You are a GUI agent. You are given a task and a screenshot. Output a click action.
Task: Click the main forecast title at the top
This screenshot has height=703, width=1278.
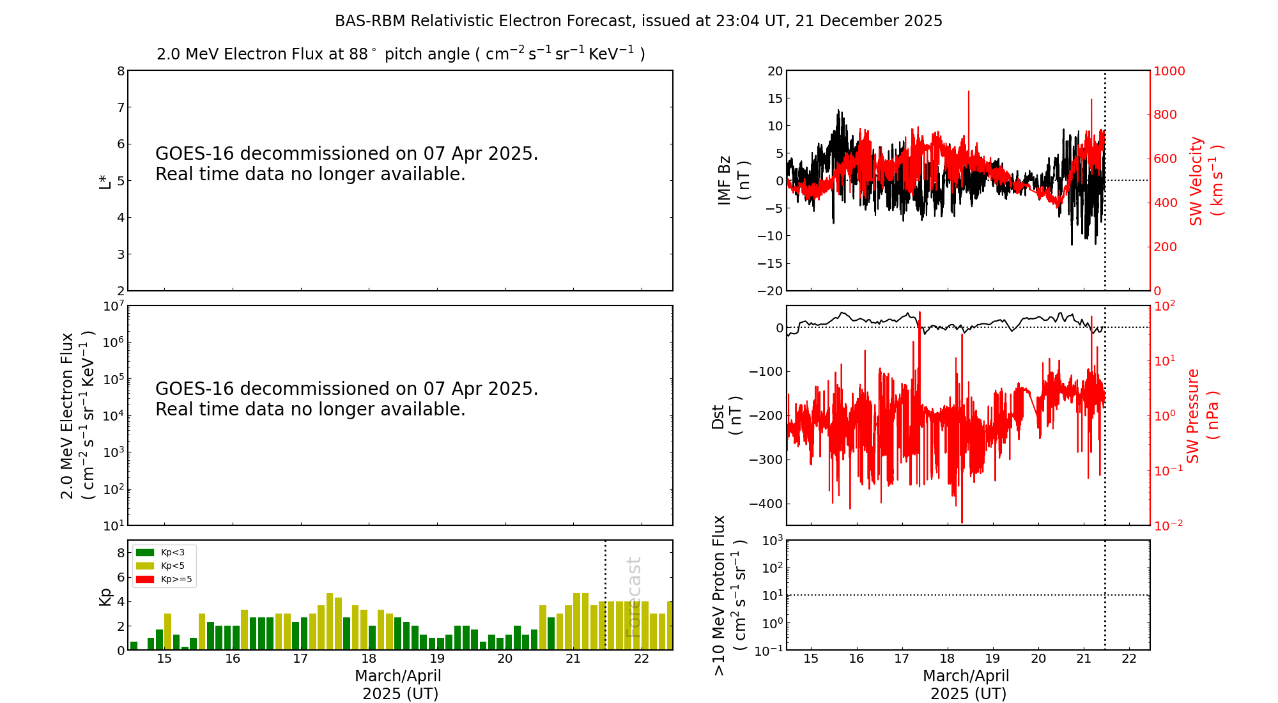click(638, 21)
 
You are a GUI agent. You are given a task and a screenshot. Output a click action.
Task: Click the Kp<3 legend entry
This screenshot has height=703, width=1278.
click(164, 552)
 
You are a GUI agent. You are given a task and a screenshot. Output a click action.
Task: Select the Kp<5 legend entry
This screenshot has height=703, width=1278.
click(164, 566)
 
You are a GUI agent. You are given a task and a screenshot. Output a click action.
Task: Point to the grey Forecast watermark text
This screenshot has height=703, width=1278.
click(633, 597)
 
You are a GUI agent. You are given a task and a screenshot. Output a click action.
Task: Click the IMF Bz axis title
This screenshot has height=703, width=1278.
click(734, 180)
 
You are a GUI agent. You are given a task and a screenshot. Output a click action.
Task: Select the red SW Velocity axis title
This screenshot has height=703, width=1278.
click(1205, 180)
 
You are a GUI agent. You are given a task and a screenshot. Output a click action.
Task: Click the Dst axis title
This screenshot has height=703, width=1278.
click(727, 415)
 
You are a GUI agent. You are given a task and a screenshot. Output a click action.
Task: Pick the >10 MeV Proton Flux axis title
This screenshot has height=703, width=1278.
click(729, 595)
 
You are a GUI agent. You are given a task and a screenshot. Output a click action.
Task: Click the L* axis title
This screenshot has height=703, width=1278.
click(105, 181)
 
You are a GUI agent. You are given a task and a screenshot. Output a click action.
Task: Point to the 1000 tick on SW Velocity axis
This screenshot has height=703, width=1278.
click(1169, 71)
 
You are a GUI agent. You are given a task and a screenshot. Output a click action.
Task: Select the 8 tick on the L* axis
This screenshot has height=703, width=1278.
click(121, 71)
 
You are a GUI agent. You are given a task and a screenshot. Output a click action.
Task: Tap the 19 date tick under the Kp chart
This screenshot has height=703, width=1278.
click(436, 659)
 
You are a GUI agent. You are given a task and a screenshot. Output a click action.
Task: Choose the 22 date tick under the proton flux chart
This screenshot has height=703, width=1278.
click(1129, 659)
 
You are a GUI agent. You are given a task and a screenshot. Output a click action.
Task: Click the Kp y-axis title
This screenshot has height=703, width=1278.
click(105, 597)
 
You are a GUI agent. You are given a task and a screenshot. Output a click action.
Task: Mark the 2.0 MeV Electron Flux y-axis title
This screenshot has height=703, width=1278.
click(77, 415)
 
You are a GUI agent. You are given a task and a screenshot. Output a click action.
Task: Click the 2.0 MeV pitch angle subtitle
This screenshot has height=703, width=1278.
click(401, 54)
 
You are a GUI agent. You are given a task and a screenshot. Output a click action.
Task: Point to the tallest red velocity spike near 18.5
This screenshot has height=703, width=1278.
click(969, 93)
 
